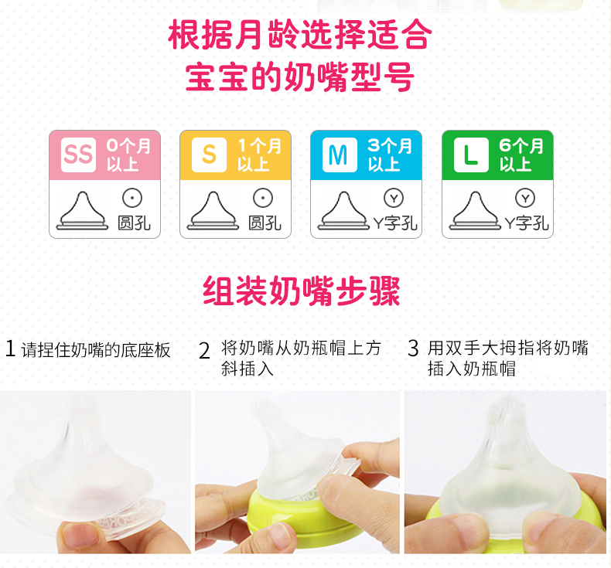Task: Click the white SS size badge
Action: click(x=77, y=155)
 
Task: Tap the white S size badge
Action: click(x=209, y=155)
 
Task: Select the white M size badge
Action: click(x=339, y=155)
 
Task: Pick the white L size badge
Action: click(x=470, y=155)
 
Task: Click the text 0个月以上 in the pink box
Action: click(x=128, y=155)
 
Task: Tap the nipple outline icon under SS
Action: click(x=82, y=212)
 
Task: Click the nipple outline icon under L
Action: click(x=474, y=212)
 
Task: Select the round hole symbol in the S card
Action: click(x=264, y=199)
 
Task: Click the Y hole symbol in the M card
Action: click(x=394, y=199)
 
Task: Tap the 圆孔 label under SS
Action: click(x=135, y=223)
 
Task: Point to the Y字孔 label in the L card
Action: click(x=527, y=223)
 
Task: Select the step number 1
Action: click(x=10, y=349)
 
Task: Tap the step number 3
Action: click(x=413, y=349)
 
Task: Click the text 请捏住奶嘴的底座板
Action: click(x=96, y=349)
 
